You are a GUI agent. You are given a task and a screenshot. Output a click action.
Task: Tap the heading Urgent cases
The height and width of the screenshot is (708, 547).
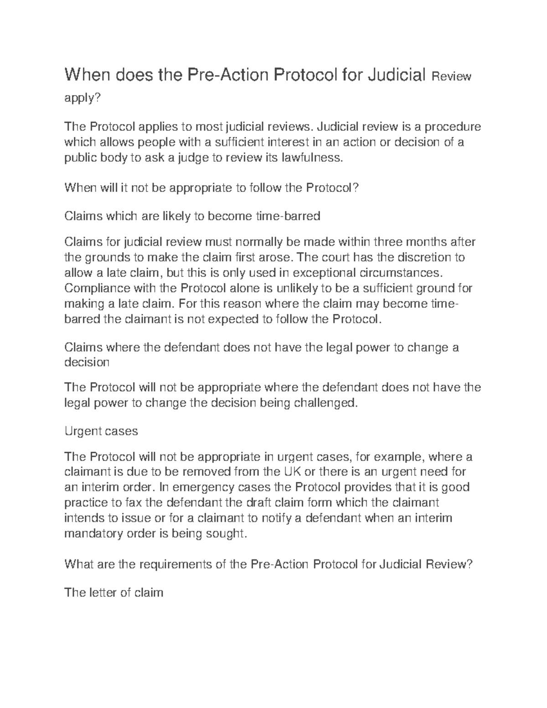tap(101, 431)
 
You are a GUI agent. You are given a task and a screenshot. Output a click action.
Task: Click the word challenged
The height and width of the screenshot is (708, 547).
tap(323, 403)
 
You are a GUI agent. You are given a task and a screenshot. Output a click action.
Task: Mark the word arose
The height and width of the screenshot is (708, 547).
tap(279, 257)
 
